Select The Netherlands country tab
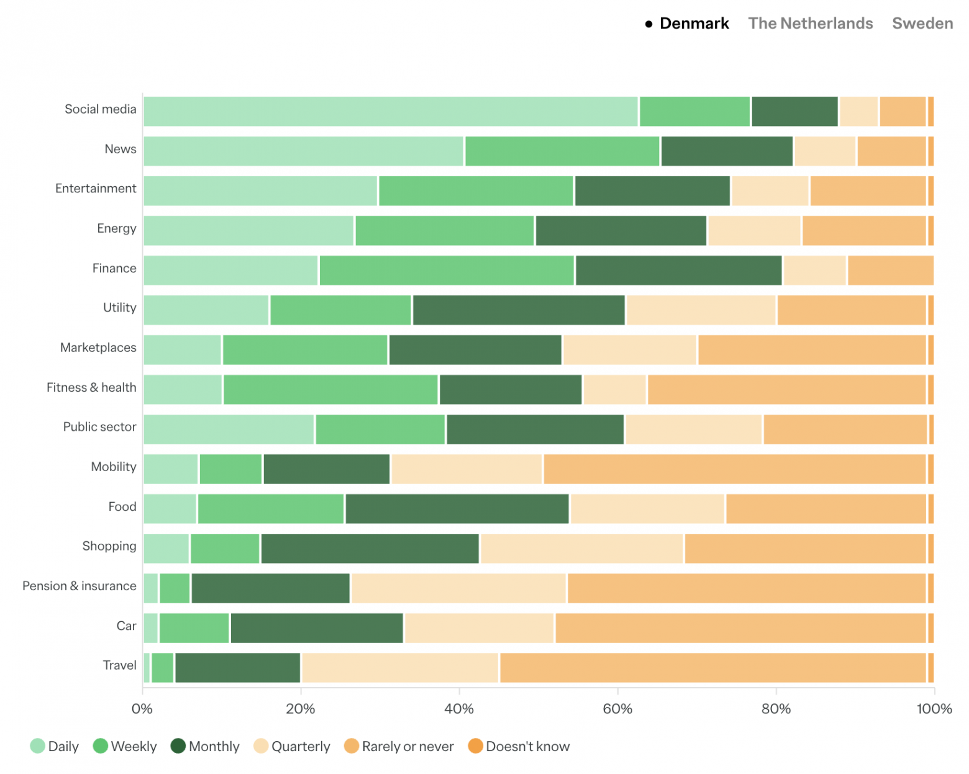(x=810, y=24)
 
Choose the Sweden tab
(x=922, y=24)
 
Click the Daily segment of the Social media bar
(x=390, y=112)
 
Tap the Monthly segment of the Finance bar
(x=678, y=271)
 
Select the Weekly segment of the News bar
(x=562, y=151)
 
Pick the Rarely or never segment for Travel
(x=712, y=668)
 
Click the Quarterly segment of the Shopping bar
(x=581, y=549)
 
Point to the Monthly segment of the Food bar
(x=457, y=509)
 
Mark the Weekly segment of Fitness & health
(x=330, y=390)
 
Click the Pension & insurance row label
(x=79, y=586)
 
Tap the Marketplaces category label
(x=98, y=348)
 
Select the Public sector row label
(x=99, y=427)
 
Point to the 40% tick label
(x=459, y=709)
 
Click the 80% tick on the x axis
(x=776, y=709)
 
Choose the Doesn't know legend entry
(x=519, y=746)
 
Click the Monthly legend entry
(x=205, y=746)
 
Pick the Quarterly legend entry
(x=292, y=746)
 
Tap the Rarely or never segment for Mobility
(x=734, y=469)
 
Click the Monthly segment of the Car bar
(x=317, y=628)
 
